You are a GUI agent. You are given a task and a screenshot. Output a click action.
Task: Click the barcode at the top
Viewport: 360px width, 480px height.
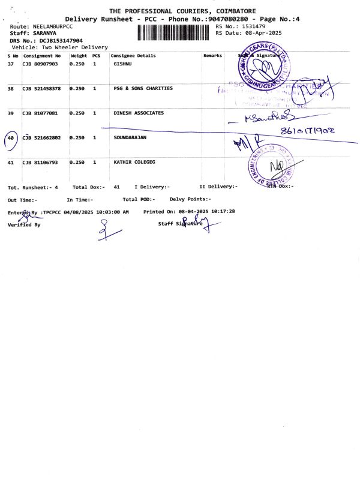coord(175,33)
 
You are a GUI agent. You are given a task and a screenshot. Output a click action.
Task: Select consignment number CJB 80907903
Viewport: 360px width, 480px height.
coord(40,64)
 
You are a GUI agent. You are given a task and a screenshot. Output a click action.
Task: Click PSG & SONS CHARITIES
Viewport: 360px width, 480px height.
coord(143,88)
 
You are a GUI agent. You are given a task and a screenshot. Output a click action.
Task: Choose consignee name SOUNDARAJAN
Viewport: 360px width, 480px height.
coord(130,137)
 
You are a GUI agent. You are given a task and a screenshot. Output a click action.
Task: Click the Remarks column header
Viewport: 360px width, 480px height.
coord(212,56)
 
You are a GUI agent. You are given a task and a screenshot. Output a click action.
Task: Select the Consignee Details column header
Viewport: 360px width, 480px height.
coord(133,56)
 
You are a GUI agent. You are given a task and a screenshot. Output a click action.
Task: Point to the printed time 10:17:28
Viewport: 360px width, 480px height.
coord(223,211)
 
